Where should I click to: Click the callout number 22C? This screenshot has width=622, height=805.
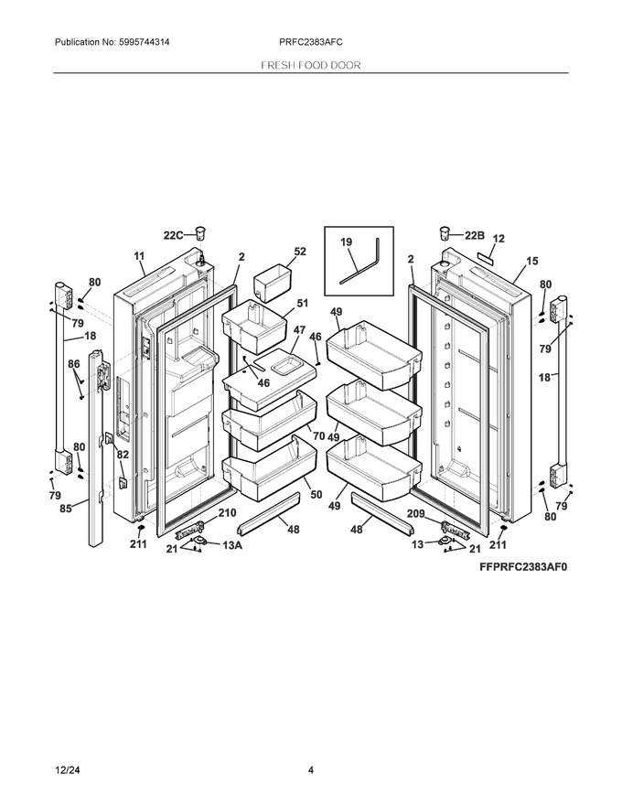pos(173,235)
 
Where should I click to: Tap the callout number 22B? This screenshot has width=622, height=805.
pos(474,235)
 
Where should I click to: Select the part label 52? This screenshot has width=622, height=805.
pos(300,252)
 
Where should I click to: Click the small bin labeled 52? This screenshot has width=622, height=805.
pos(273,282)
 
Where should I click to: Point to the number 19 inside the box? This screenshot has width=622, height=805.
pos(347,242)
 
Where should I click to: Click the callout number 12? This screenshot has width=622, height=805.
pos(499,239)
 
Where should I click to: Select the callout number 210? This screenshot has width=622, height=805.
pos(228,512)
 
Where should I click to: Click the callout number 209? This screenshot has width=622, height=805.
pos(415,513)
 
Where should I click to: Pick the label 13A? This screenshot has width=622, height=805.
pos(232,545)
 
